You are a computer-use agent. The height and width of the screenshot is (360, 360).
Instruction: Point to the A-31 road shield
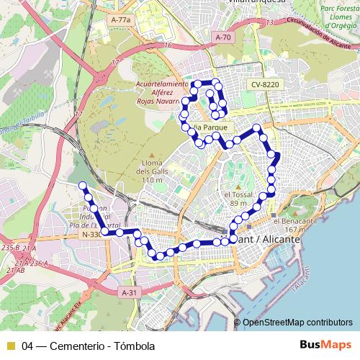point(128,293)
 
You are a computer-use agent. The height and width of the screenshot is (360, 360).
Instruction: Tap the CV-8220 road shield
point(264,84)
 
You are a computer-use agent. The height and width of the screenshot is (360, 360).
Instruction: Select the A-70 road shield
point(223,37)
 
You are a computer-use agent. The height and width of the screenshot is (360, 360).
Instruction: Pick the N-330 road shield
point(91,235)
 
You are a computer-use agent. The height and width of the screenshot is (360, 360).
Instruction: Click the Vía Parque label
point(215,127)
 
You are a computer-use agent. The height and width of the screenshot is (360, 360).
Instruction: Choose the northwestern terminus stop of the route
point(81,186)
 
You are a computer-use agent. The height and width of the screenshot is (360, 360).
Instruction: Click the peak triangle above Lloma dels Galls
point(152,156)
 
